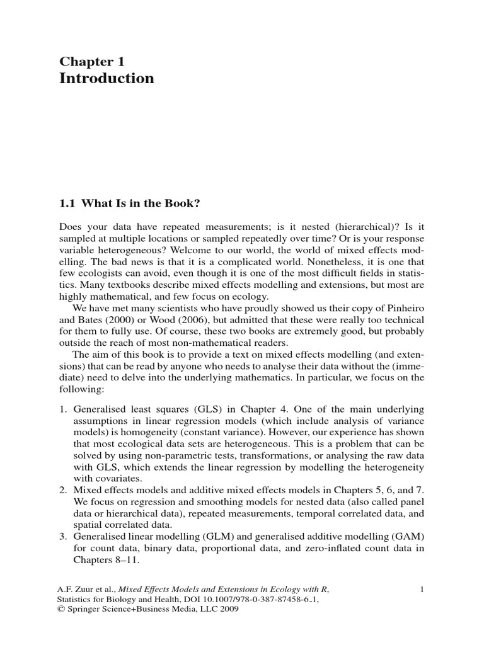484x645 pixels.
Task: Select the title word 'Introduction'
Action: (107, 79)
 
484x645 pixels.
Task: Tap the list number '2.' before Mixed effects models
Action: (64, 489)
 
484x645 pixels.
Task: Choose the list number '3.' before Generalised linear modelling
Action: (64, 536)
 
